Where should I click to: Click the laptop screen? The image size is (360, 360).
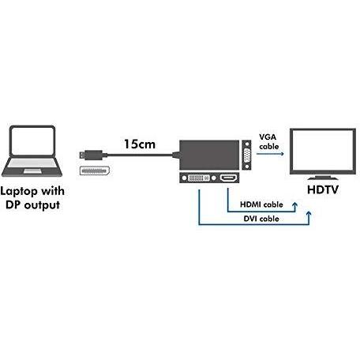pos(32,141)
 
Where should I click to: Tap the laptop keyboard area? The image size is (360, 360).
pos(32,164)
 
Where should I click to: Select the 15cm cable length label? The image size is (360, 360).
pos(140,144)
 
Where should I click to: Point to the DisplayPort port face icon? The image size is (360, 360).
pos(95,171)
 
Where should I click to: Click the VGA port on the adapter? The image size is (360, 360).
pos(246,155)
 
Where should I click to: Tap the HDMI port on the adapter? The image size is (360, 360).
pos(228,178)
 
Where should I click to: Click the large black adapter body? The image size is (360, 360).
pos(209,155)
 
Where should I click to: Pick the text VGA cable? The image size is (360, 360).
pos(268,141)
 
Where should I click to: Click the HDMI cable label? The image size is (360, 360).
pos(261,204)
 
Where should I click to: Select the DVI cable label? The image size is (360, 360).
pos(261,219)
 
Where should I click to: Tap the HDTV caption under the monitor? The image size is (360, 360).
pos(323,189)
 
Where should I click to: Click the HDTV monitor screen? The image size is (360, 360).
pos(323,152)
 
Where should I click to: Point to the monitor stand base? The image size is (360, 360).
pos(323,178)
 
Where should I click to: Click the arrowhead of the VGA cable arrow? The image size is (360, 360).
pos(282,154)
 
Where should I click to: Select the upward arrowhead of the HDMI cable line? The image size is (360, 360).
pos(295,204)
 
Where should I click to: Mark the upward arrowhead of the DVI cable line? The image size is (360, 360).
pos(309,213)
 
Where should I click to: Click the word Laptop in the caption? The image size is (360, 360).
pos(17,191)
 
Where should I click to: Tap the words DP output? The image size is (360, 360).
pos(32,205)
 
